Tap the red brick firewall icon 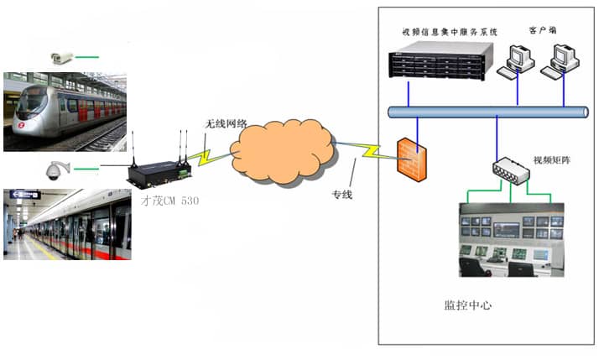coord(412,157)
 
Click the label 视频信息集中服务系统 coord(449,32)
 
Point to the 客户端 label coord(541,29)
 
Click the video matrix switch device coord(512,170)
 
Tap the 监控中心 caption coord(467,305)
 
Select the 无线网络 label coord(226,123)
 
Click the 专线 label coord(342,195)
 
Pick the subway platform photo coord(67,224)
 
